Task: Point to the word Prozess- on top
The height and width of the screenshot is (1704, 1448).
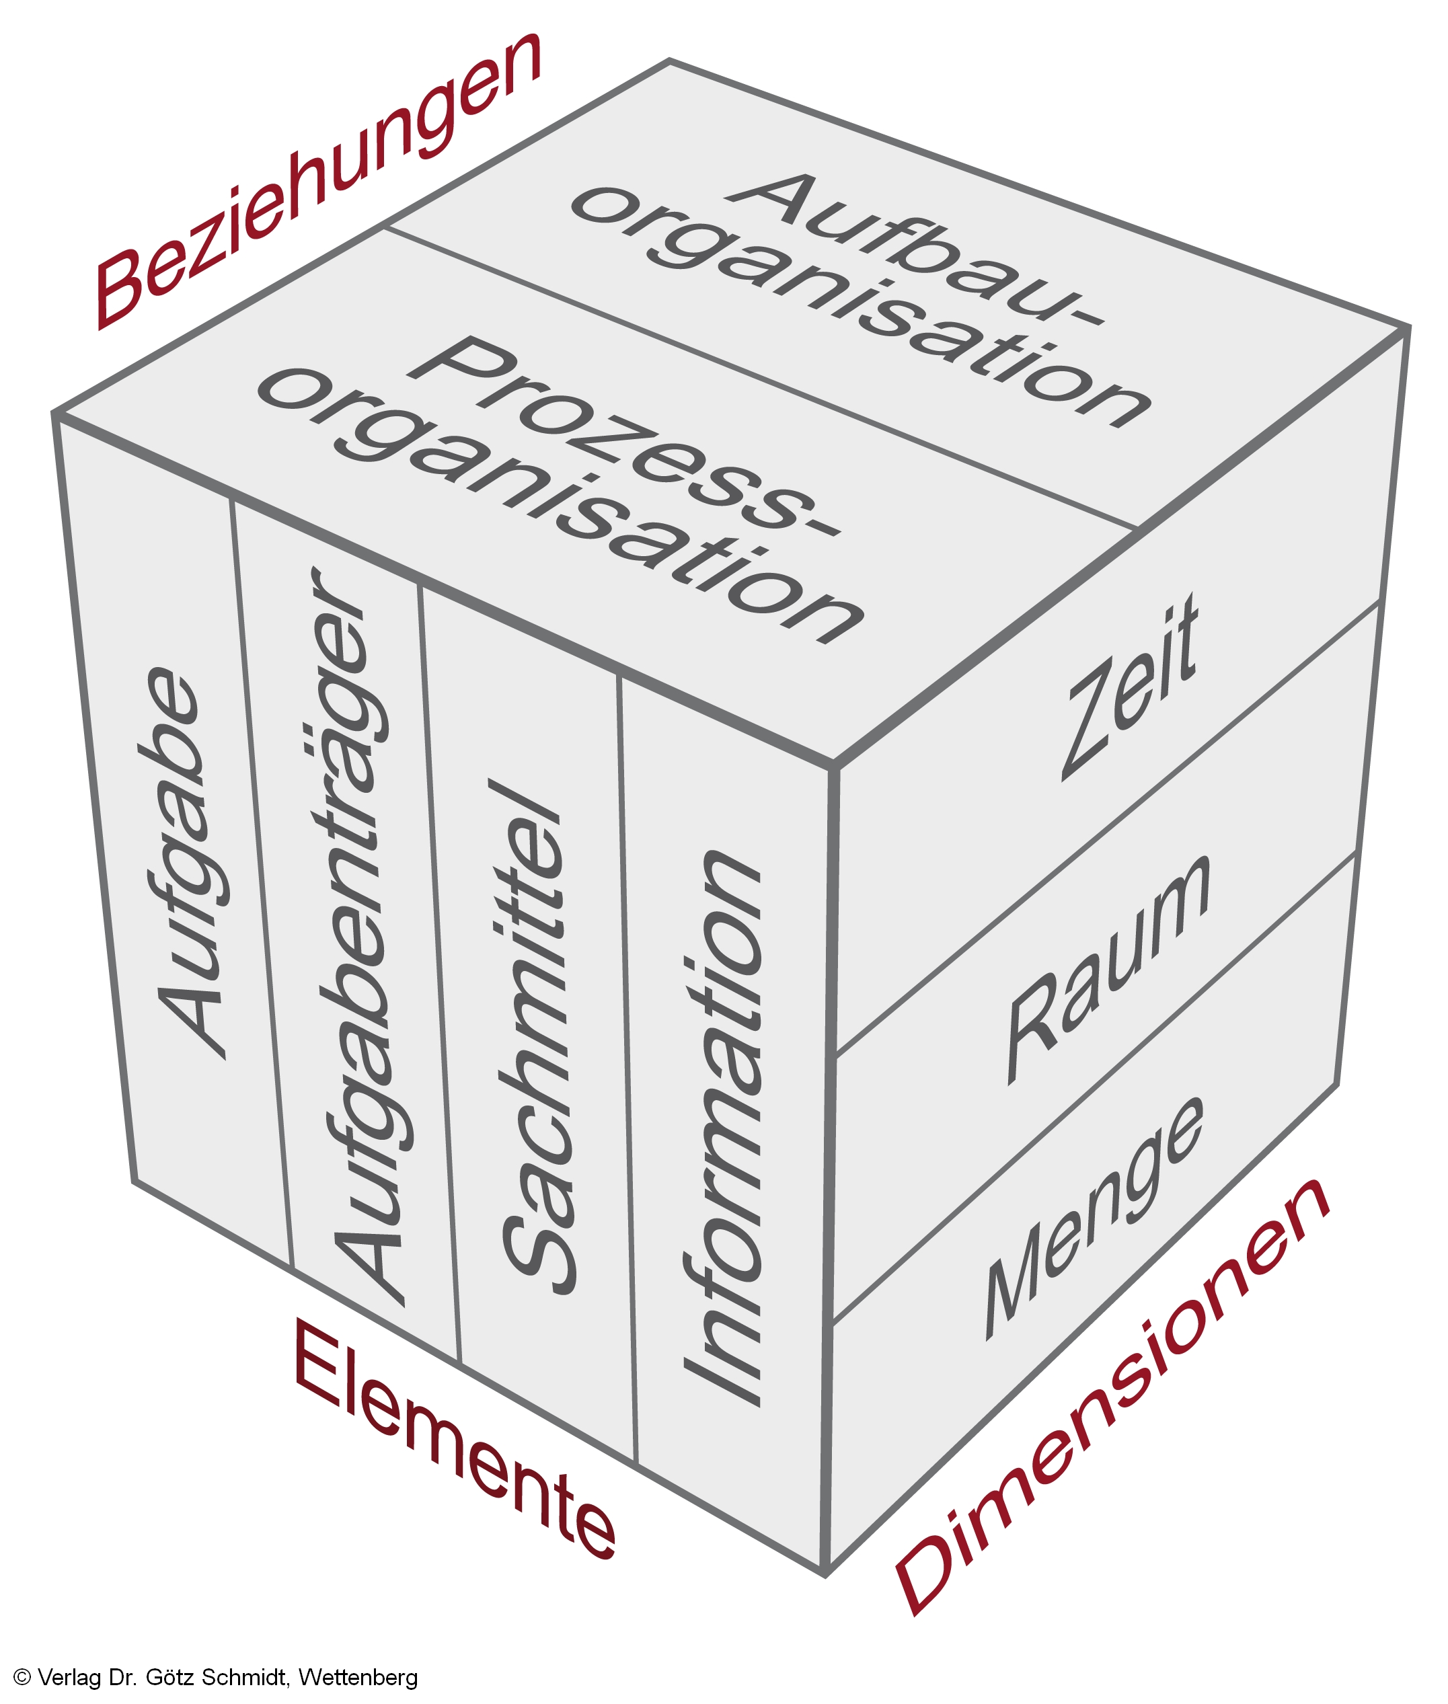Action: click(x=624, y=435)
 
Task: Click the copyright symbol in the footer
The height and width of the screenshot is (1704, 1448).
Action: click(x=22, y=1677)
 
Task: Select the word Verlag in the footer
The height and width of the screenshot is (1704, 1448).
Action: click(x=69, y=1677)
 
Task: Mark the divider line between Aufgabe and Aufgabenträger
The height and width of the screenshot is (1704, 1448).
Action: click(x=261, y=886)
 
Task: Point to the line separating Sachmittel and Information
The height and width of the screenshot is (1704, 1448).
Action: click(x=626, y=1067)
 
